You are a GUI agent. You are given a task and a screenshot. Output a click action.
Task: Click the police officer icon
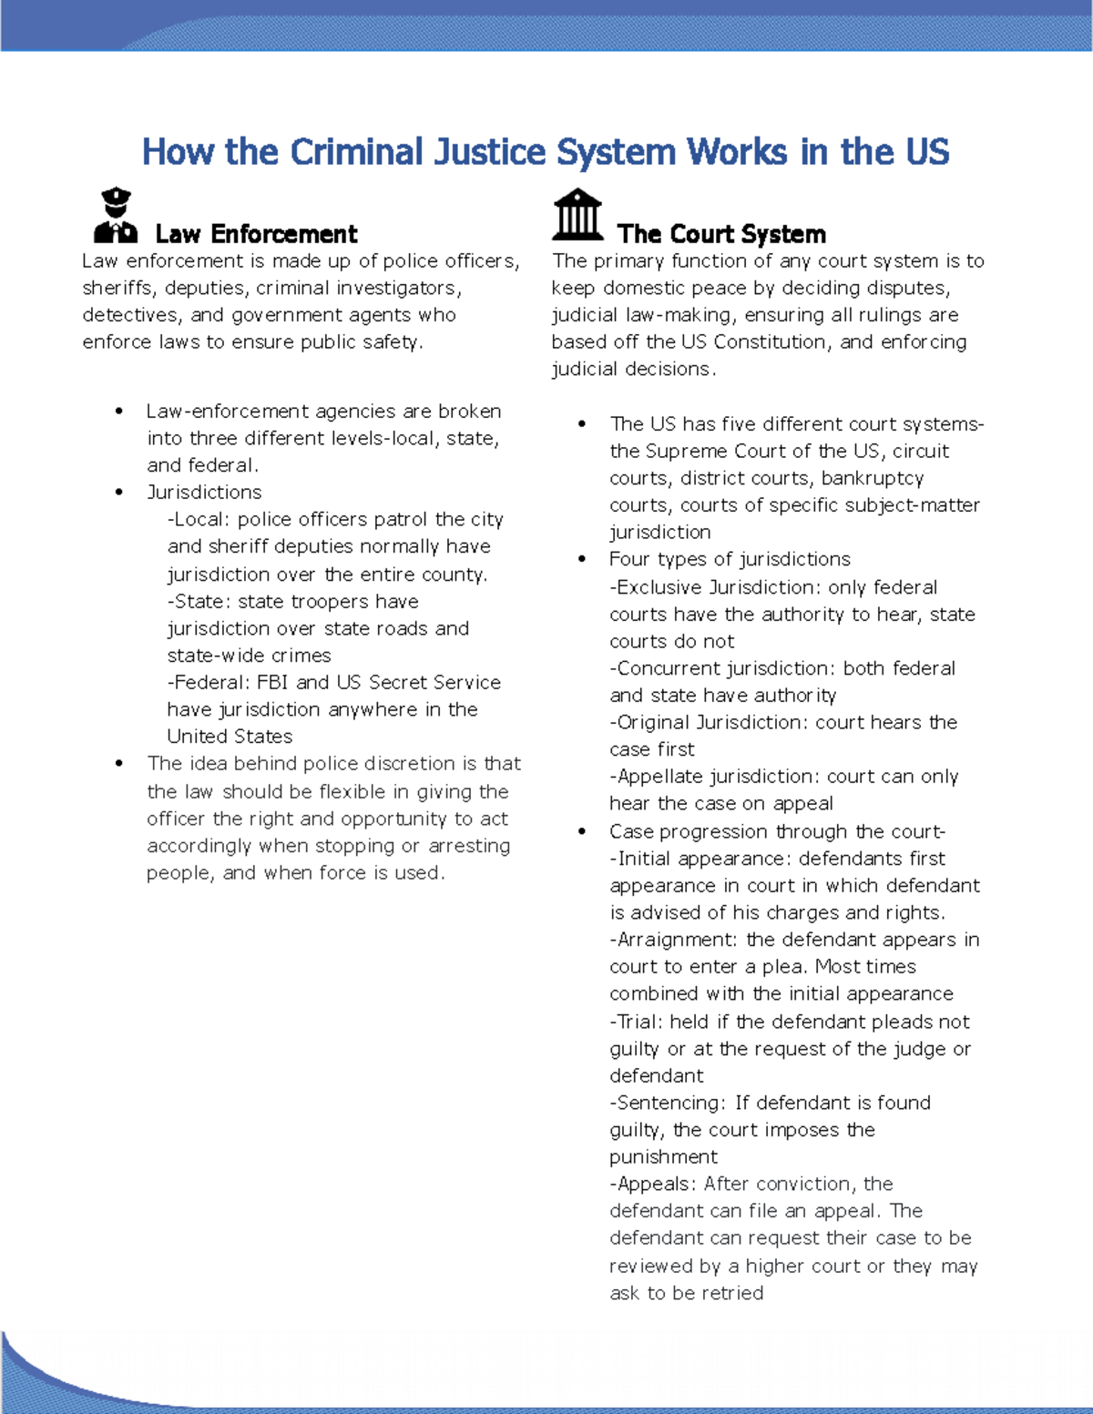coord(116,216)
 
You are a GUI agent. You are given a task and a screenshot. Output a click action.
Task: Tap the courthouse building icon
coord(577,215)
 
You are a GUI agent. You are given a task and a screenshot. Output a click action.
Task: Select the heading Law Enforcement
coord(256,234)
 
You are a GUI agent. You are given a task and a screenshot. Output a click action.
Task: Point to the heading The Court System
coord(720,234)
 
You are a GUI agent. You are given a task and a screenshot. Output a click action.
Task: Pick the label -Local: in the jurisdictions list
coord(198,519)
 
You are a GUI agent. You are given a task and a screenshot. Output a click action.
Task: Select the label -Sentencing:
coord(668,1103)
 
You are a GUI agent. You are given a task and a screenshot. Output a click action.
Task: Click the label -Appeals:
coord(653,1184)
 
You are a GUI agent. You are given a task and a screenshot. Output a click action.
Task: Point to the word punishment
coord(663,1157)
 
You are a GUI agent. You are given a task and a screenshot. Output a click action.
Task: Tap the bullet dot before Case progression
coord(582,831)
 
